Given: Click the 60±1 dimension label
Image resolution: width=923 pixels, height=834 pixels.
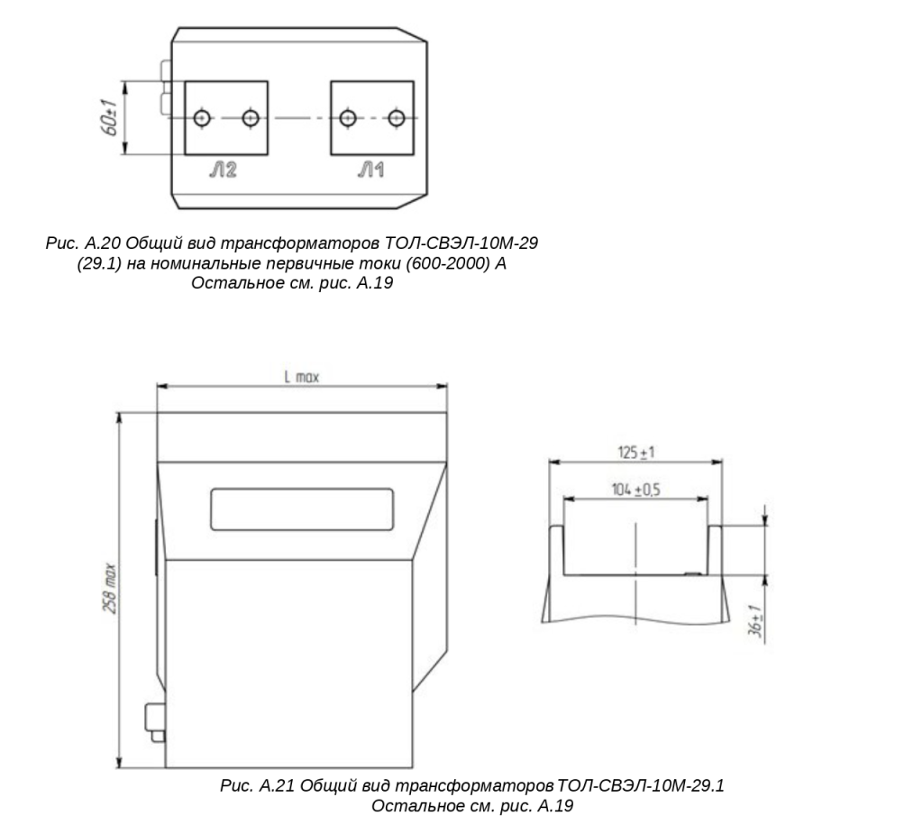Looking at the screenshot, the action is [x=110, y=117].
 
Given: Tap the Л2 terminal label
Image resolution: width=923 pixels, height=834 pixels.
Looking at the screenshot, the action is [x=224, y=170].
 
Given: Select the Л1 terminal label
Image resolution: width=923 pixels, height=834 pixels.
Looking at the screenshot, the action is [x=370, y=170].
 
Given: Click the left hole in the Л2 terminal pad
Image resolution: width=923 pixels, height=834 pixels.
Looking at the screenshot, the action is [x=202, y=118].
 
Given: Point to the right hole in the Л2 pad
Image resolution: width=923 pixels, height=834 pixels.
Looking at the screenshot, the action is [x=251, y=118].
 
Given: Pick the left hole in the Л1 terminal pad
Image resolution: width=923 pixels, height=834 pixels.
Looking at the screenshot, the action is [x=348, y=118].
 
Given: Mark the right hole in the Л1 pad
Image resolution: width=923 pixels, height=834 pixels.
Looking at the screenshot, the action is [x=397, y=118].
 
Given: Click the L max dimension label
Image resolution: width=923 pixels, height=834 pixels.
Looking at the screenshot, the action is [x=301, y=377].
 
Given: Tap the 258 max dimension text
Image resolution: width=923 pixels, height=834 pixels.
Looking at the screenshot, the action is [x=110, y=589].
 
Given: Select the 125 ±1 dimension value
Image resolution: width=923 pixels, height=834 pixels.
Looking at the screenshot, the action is [x=635, y=453].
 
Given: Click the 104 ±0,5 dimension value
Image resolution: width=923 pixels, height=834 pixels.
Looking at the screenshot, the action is [x=635, y=490].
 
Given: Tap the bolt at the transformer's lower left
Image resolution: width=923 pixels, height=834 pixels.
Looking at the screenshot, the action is [x=155, y=722].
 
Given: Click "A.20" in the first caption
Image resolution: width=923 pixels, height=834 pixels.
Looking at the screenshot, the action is [x=104, y=243].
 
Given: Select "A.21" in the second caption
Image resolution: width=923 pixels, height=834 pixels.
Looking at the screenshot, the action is [x=277, y=785].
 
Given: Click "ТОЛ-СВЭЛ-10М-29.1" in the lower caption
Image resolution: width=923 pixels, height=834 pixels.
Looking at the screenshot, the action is [x=641, y=785].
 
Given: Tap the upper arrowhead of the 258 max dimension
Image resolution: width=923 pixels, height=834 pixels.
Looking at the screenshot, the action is [x=120, y=418].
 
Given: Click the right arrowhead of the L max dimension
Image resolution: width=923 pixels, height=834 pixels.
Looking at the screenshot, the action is [x=441, y=387].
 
